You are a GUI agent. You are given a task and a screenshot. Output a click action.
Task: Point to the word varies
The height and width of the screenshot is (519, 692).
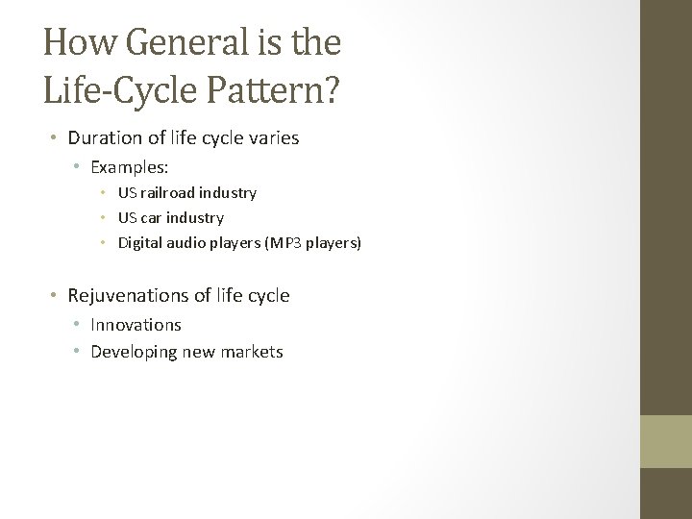pyautogui.click(x=272, y=137)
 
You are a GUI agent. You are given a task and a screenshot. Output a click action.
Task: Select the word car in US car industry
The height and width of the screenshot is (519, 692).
pyautogui.click(x=152, y=218)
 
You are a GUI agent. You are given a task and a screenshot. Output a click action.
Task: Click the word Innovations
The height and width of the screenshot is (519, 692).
pyautogui.click(x=136, y=326)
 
